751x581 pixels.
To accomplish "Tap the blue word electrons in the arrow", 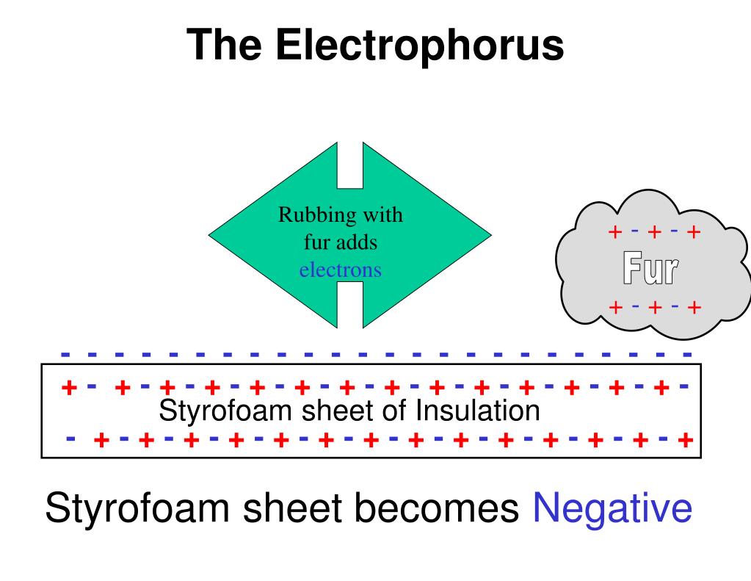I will (x=340, y=270).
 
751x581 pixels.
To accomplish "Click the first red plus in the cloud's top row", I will (x=615, y=233).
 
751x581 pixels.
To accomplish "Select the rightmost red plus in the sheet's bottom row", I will (x=686, y=441).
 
